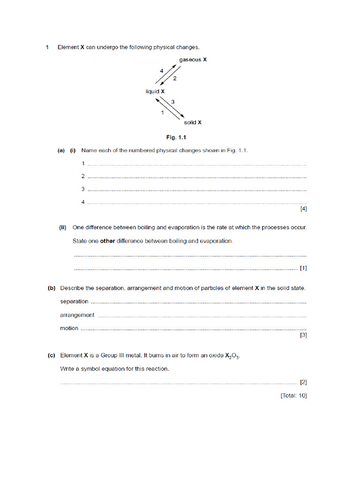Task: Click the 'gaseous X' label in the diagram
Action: [x=193, y=60]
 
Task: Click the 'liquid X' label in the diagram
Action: [x=155, y=91]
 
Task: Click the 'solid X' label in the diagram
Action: [x=193, y=122]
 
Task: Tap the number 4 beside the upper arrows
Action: [x=161, y=70]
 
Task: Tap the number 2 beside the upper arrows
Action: [x=175, y=79]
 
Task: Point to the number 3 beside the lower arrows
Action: [x=173, y=102]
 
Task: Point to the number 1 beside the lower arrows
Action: [x=162, y=113]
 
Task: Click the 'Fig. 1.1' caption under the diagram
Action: [x=177, y=137]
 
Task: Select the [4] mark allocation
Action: [x=303, y=209]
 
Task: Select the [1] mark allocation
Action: [x=303, y=268]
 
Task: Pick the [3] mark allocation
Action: [x=303, y=335]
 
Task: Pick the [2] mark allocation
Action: [x=303, y=382]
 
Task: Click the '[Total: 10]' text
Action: [x=293, y=396]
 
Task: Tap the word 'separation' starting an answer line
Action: [x=74, y=301]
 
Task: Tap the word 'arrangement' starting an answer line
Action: [x=77, y=315]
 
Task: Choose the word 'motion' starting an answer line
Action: [x=69, y=328]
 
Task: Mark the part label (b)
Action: [x=52, y=288]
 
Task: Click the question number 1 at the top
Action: [x=47, y=47]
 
